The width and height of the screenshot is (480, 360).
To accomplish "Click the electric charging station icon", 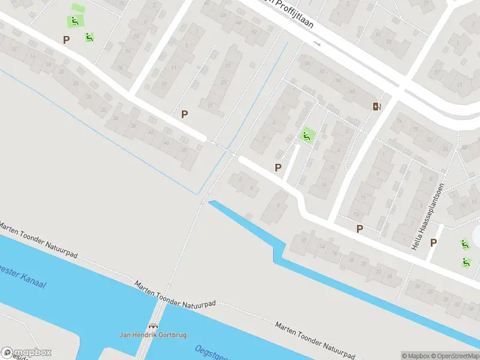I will tap(377, 106).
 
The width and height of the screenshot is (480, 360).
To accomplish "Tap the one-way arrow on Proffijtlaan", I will tap(317, 44).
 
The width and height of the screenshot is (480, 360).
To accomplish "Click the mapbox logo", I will tap(26, 353).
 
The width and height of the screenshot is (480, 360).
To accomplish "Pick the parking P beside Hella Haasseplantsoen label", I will tap(433, 242).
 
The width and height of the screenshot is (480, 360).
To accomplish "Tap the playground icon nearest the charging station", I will tap(307, 136).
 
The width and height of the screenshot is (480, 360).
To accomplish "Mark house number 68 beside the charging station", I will tap(352, 91).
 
